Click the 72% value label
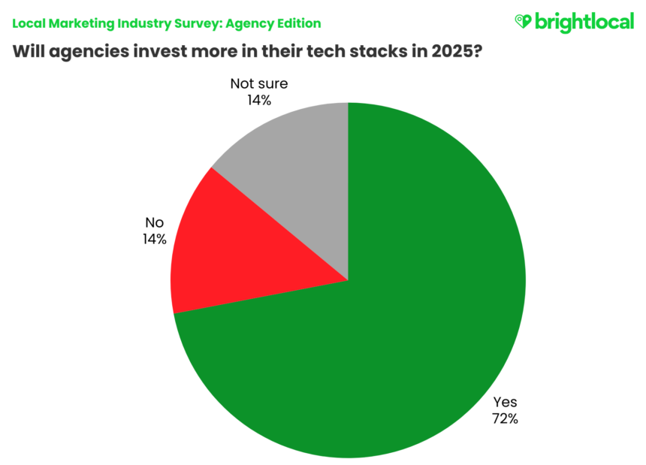click(504, 419)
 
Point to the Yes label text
click(504, 402)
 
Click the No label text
click(154, 223)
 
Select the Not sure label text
click(259, 83)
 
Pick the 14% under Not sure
click(259, 100)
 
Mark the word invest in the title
click(156, 55)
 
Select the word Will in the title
click(28, 55)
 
